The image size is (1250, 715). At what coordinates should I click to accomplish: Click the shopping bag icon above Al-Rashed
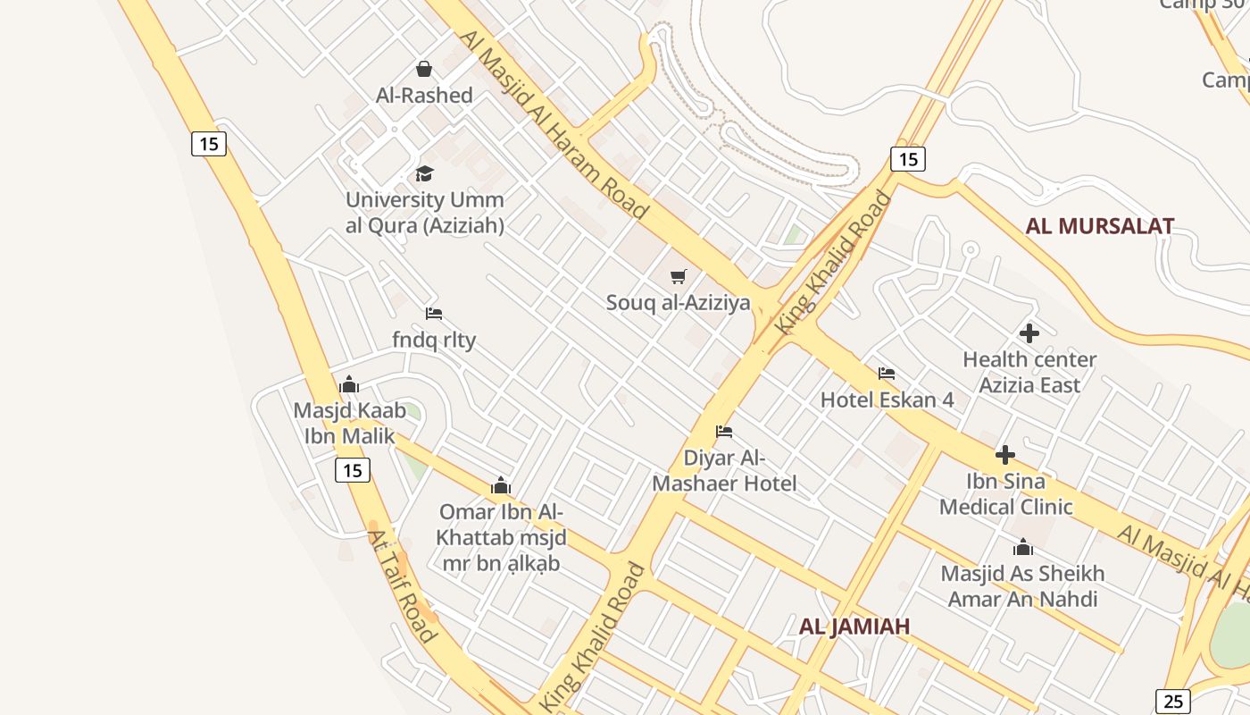424,69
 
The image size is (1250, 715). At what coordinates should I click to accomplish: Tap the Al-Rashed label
424,95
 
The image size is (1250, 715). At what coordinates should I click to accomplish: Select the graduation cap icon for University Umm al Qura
424,173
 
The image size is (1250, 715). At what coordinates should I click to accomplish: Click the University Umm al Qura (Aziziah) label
425,213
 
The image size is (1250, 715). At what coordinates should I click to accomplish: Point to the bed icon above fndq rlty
434,313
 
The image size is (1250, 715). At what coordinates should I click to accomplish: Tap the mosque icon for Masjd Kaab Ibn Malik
349,385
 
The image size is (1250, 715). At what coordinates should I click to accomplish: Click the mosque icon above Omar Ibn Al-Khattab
501,486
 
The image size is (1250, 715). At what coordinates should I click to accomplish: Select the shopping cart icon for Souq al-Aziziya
679,276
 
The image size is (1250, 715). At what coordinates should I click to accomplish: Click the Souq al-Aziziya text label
679,303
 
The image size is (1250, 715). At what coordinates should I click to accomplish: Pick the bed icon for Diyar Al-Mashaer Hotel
724,432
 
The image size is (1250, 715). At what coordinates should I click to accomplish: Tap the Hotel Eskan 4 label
887,400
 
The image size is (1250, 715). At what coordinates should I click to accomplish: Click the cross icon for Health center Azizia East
1029,333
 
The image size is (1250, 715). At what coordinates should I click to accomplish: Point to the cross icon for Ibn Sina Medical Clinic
1005,455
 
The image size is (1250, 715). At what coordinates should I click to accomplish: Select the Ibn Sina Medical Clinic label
1005,494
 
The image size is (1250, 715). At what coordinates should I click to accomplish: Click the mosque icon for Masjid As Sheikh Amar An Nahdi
1023,547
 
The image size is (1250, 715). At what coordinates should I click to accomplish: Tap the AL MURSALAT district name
1099,226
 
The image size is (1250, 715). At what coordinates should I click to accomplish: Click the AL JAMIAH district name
854,627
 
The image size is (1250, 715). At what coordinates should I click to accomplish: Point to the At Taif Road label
402,586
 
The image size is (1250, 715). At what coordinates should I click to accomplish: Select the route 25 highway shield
1173,702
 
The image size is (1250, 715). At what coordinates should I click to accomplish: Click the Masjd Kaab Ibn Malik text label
349,424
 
